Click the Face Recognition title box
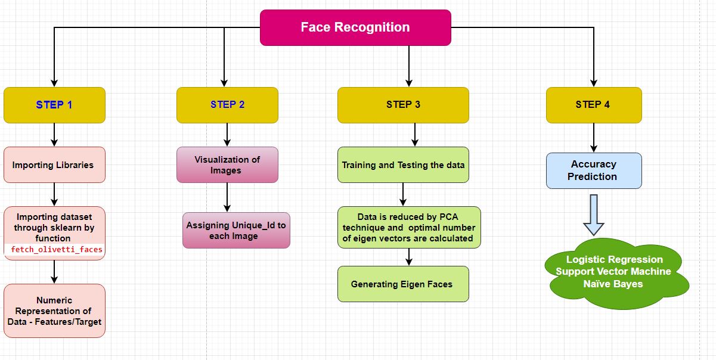pyautogui.click(x=355, y=27)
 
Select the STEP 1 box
pyautogui.click(x=54, y=105)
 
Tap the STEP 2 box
pyautogui.click(x=227, y=105)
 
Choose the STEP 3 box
pyautogui.click(x=403, y=105)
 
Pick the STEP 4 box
pyautogui.click(x=593, y=105)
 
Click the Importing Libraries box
pyautogui.click(x=54, y=165)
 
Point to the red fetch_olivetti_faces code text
pyautogui.click(x=57, y=250)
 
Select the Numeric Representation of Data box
pyautogui.click(x=54, y=311)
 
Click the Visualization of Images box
pyautogui.click(x=227, y=165)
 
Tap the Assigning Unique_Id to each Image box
pyautogui.click(x=236, y=231)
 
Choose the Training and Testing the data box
pyautogui.click(x=403, y=165)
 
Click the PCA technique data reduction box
pyautogui.click(x=409, y=227)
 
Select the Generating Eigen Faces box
pyautogui.click(x=403, y=284)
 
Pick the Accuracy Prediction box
pyautogui.click(x=593, y=170)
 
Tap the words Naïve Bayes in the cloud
pyautogui.click(x=613, y=284)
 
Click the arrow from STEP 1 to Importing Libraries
pyautogui.click(x=54, y=135)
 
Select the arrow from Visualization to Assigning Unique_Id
pyautogui.click(x=227, y=197)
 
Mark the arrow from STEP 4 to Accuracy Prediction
pyautogui.click(x=593, y=138)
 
